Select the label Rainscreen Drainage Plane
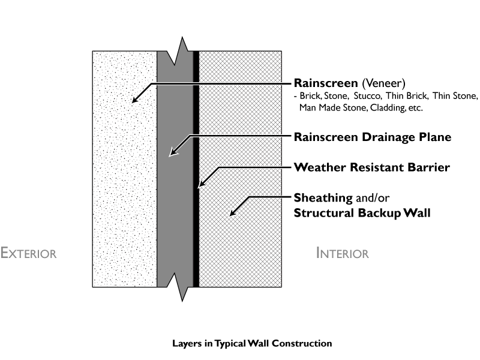[372, 137]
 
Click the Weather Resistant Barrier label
[371, 167]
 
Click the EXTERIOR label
[29, 253]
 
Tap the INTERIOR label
[342, 253]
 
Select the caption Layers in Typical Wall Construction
[251, 344]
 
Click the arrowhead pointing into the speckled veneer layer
[136, 100]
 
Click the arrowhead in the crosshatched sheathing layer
[233, 212]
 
